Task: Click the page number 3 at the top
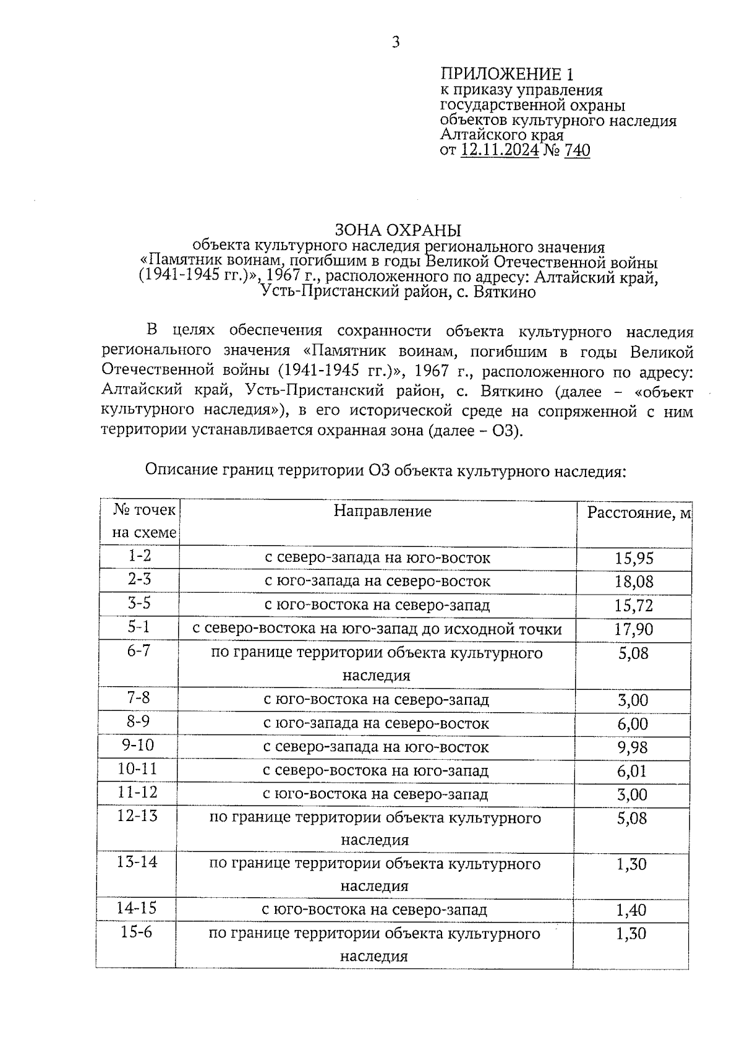(396, 42)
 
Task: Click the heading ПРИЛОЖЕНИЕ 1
(507, 75)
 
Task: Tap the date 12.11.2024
(500, 150)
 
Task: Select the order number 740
(577, 150)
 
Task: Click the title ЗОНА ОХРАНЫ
(398, 231)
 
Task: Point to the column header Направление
(382, 511)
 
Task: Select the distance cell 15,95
(634, 559)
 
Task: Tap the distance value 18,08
(634, 582)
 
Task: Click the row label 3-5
(139, 603)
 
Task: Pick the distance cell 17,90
(634, 629)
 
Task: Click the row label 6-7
(139, 650)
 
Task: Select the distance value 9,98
(633, 747)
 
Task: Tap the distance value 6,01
(633, 771)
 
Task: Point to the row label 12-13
(138, 815)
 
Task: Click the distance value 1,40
(631, 910)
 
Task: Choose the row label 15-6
(137, 932)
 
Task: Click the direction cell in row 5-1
(377, 629)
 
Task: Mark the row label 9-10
(138, 745)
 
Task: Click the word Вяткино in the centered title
(505, 292)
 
